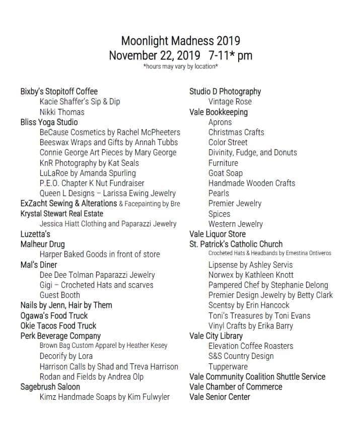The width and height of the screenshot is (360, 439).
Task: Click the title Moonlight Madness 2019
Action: pyautogui.click(x=180, y=40)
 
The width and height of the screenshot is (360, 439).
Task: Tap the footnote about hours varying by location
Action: pyautogui.click(x=180, y=67)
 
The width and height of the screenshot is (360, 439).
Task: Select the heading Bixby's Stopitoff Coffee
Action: pyautogui.click(x=59, y=92)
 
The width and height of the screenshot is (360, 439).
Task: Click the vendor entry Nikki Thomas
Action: pyautogui.click(x=62, y=112)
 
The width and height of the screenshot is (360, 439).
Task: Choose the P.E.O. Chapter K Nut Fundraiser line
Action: pyautogui.click(x=92, y=183)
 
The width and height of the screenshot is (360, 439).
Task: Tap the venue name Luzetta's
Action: pyautogui.click(x=35, y=234)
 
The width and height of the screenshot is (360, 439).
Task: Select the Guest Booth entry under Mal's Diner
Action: pyautogui.click(x=60, y=295)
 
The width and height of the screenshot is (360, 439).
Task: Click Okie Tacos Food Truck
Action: pyautogui.click(x=58, y=326)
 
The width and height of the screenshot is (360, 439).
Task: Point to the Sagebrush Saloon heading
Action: pyautogui.click(x=50, y=387)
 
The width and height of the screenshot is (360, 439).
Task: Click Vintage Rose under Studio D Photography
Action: pyautogui.click(x=230, y=102)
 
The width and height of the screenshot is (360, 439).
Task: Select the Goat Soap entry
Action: pyautogui.click(x=226, y=173)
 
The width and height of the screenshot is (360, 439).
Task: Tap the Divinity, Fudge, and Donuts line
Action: pyautogui.click(x=253, y=152)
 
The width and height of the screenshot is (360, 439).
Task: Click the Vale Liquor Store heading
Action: pyautogui.click(x=218, y=234)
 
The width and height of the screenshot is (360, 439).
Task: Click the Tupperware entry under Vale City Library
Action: pyautogui.click(x=228, y=366)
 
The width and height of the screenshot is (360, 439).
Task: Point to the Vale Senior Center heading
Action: pyautogui.click(x=220, y=397)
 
